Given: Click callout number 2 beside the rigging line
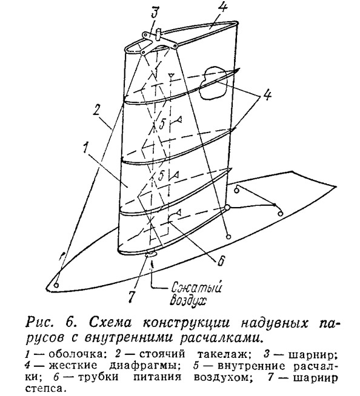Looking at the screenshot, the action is pyautogui.click(x=97, y=111).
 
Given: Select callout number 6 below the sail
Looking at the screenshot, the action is pyautogui.click(x=221, y=260).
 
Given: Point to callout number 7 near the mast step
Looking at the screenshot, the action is pyautogui.click(x=132, y=294).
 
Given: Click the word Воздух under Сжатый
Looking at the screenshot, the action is pyautogui.click(x=188, y=300).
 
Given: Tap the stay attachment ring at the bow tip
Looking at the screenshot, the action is pyautogui.click(x=56, y=285).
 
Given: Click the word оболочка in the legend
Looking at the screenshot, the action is pyautogui.click(x=76, y=355).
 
